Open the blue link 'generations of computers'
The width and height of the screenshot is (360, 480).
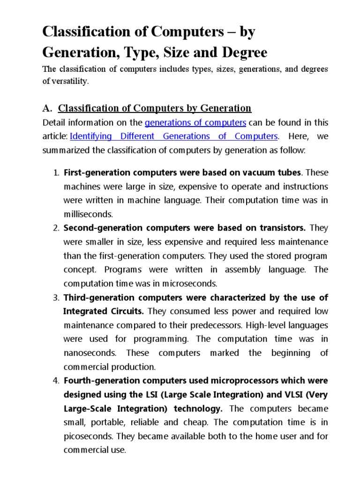pyautogui.click(x=195, y=123)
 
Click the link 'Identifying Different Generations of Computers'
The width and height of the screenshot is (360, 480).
pyautogui.click(x=174, y=136)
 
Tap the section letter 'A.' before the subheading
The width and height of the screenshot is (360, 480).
pyautogui.click(x=47, y=108)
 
